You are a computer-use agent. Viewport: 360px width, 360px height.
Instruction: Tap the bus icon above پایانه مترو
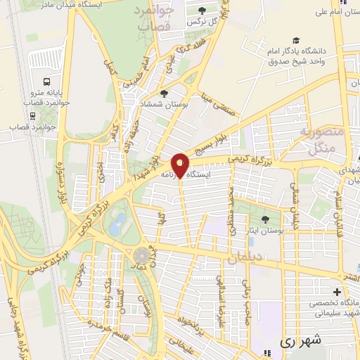46,82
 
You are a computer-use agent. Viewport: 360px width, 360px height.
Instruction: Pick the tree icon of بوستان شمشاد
164,94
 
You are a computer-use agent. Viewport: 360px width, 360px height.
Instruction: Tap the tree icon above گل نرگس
202,11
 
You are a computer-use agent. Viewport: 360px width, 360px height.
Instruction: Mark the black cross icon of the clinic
336,292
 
